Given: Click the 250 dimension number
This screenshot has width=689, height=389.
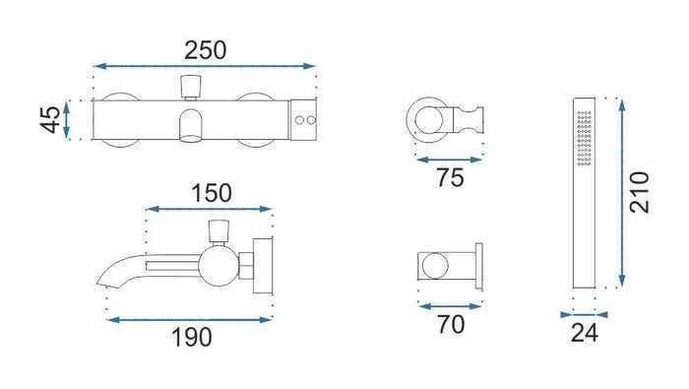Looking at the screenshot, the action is [x=205, y=50].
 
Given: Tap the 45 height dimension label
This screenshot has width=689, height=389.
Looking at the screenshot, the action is [x=50, y=119].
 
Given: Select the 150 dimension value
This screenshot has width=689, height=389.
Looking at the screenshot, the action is [x=212, y=193].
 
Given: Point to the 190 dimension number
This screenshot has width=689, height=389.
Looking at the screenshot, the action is [x=192, y=338].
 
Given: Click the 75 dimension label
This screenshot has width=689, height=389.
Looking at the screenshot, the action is [x=450, y=178].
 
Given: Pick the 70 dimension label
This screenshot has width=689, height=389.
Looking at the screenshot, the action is [x=451, y=325].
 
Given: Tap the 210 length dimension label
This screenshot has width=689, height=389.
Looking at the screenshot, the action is [x=639, y=192].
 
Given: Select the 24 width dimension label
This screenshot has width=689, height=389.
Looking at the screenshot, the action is [x=585, y=333].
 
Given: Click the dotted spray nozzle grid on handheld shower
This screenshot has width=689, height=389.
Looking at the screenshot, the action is [x=585, y=138].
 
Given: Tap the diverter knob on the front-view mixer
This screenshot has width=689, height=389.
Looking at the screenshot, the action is [x=191, y=87].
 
